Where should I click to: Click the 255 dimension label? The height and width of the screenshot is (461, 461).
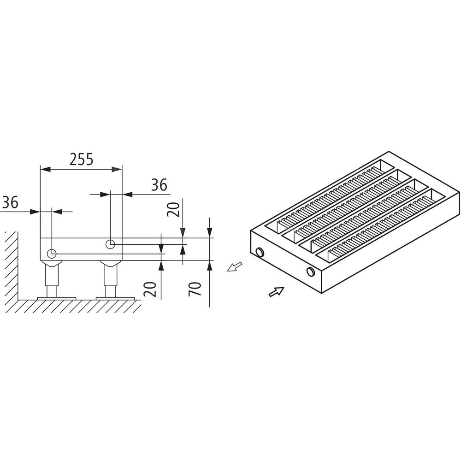click(x=82, y=160)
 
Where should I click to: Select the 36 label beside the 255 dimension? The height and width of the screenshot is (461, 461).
click(x=159, y=185)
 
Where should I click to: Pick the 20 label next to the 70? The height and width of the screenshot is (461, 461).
click(x=150, y=289)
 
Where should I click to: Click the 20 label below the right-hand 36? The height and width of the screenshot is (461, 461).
click(x=173, y=209)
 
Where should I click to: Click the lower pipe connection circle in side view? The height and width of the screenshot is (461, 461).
click(x=52, y=253)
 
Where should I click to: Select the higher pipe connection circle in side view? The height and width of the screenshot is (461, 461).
click(x=110, y=244)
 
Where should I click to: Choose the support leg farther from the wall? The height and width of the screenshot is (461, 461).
click(x=111, y=279)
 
